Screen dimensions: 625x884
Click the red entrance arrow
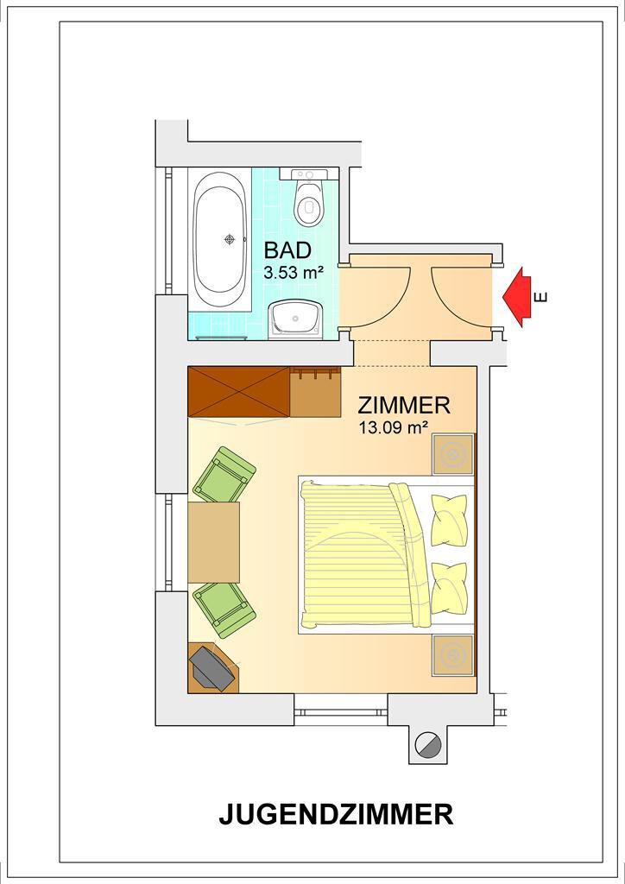point(517,297)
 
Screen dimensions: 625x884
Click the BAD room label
point(287,249)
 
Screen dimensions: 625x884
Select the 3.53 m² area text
point(293,274)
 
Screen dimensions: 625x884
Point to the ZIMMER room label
point(404,405)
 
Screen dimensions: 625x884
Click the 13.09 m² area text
point(392,427)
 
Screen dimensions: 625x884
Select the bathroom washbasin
point(295,319)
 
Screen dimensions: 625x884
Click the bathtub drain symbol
point(230,240)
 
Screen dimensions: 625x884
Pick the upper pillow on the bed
point(449,519)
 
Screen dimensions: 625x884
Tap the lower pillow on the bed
point(449,588)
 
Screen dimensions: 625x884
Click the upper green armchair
point(224,475)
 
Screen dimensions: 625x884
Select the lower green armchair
point(224,610)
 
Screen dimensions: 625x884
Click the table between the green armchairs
point(213,542)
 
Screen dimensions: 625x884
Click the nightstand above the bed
point(453,454)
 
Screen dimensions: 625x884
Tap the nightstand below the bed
point(453,655)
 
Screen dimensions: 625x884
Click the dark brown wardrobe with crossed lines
point(239,392)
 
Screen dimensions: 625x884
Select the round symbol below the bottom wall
point(426,744)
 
